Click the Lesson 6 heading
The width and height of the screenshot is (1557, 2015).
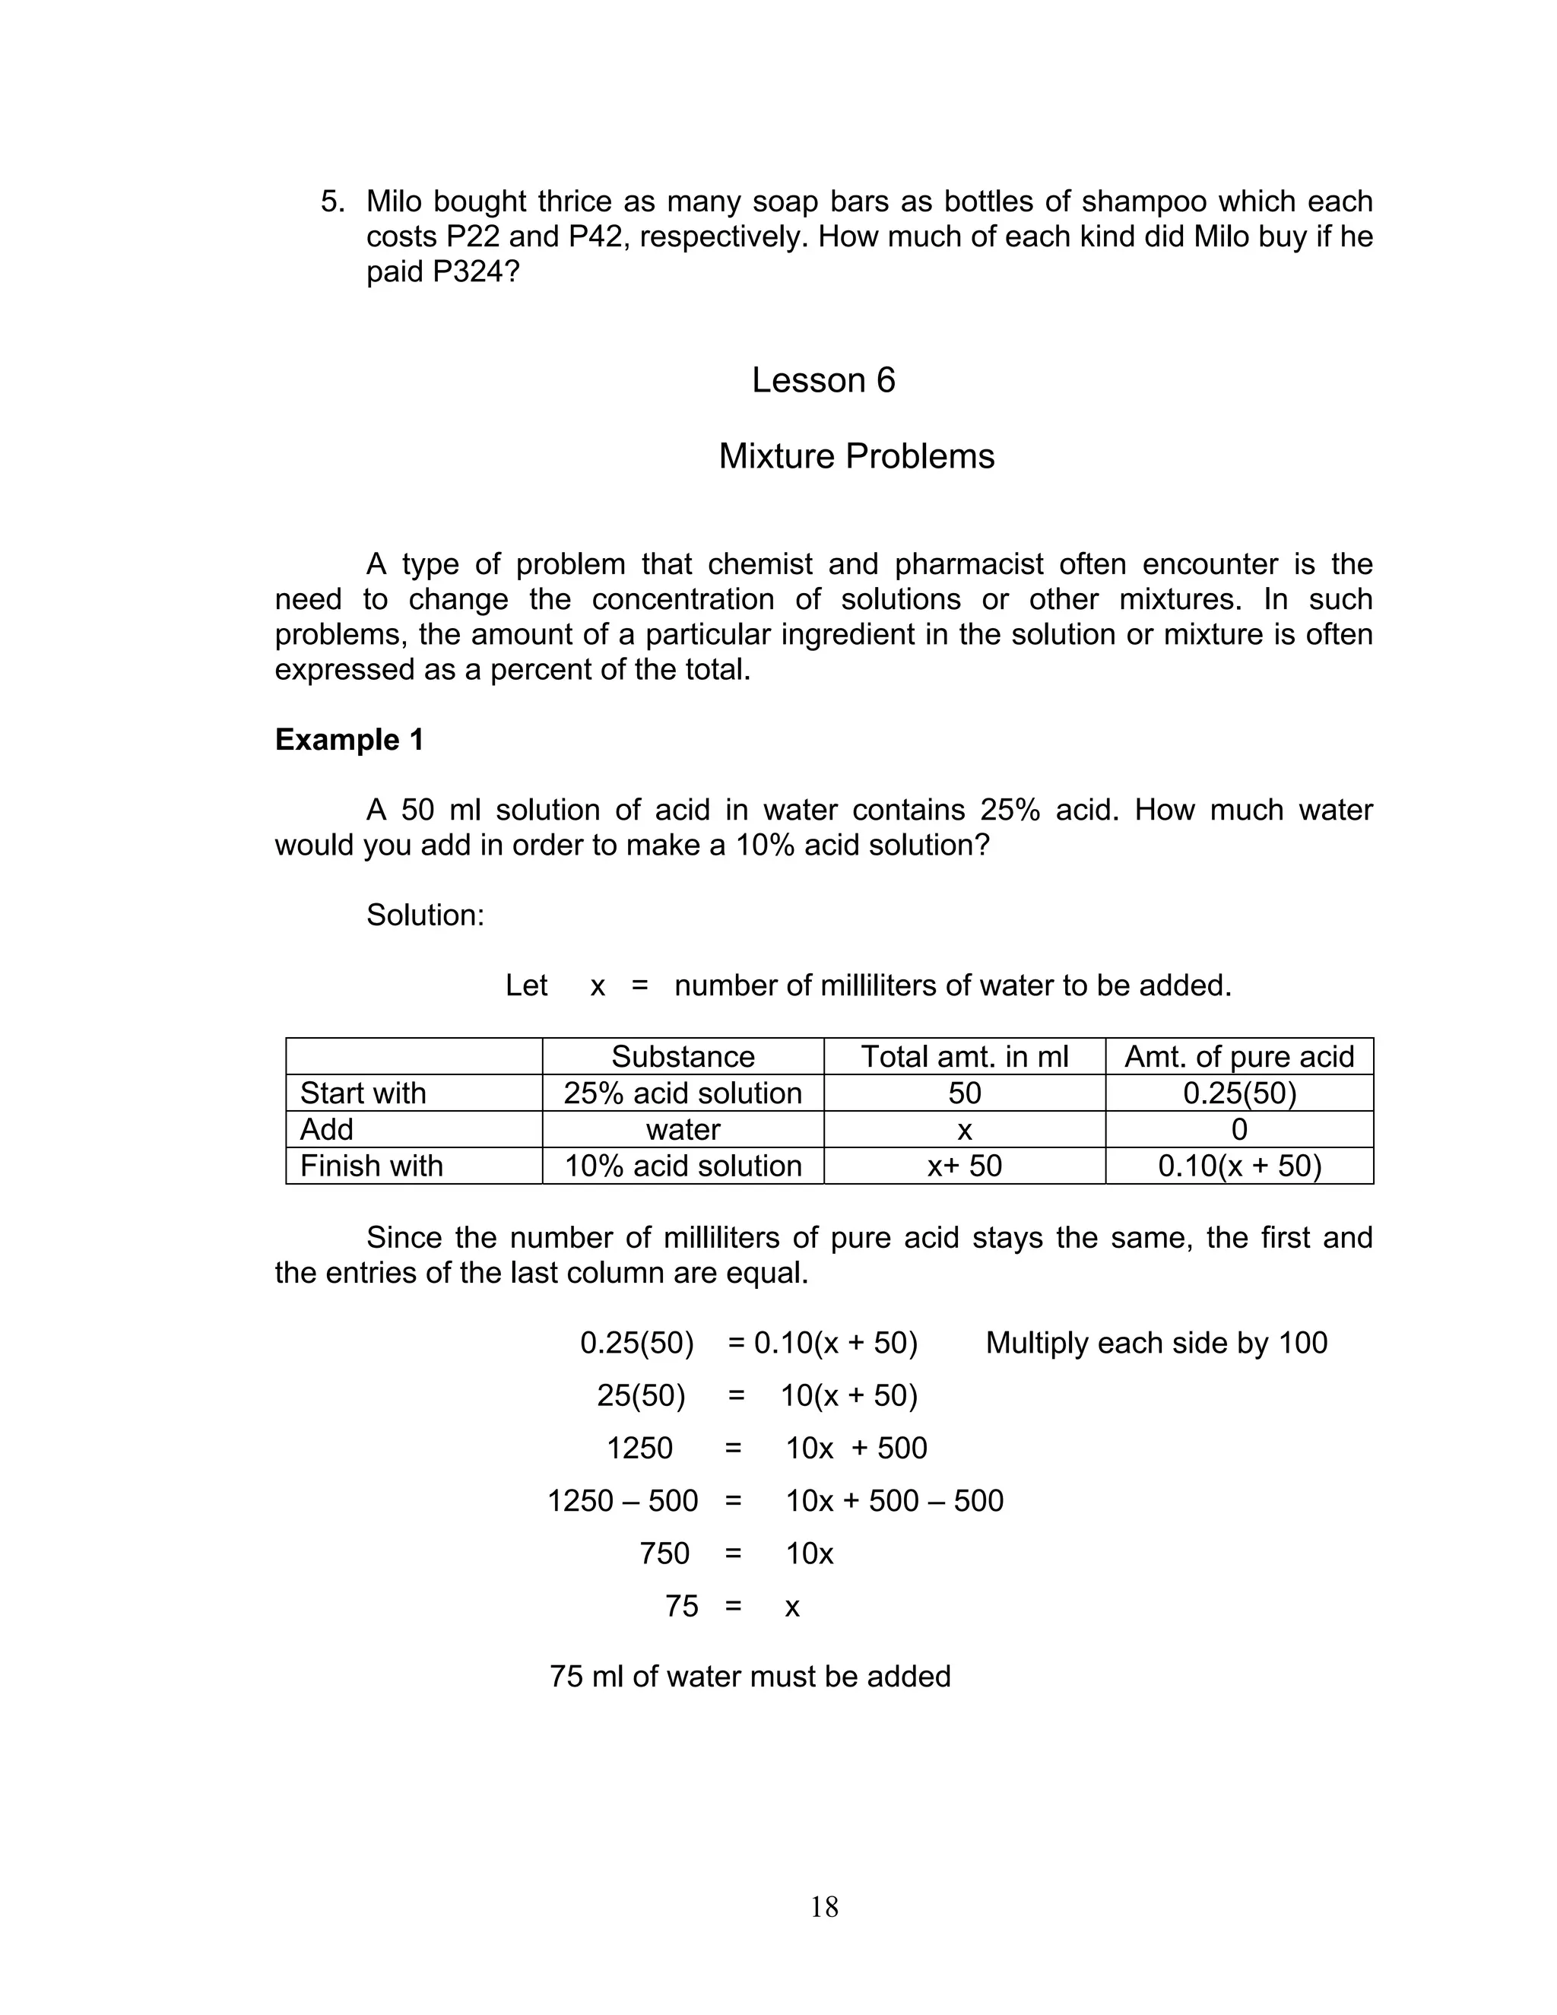point(823,380)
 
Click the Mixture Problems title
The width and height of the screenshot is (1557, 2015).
point(856,455)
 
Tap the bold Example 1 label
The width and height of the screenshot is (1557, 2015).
point(349,739)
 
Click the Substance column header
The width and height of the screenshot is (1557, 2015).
point(683,1056)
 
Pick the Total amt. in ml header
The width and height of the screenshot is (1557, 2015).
point(964,1056)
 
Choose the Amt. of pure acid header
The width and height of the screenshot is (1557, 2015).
point(1238,1056)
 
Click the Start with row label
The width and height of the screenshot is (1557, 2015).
point(363,1093)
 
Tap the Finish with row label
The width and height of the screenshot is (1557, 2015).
point(371,1166)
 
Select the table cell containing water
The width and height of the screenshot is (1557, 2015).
point(683,1129)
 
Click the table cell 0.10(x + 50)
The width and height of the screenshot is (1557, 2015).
point(1238,1166)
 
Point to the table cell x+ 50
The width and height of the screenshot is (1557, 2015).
point(964,1166)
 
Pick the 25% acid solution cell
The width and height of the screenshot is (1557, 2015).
point(683,1093)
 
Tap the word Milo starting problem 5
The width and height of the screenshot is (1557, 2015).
point(395,201)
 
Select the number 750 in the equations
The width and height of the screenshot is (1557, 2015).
point(664,1553)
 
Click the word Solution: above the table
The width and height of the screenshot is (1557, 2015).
point(425,915)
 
